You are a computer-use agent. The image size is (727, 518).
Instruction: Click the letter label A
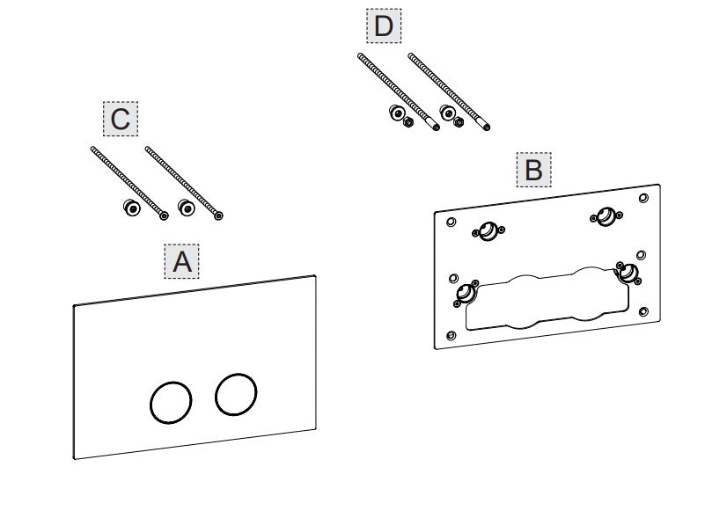click(181, 260)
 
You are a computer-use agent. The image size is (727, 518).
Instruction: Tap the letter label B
click(533, 169)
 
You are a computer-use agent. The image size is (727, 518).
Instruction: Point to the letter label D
click(384, 26)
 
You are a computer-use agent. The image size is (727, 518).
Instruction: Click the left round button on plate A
click(169, 403)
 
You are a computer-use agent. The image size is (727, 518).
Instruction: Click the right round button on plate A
click(236, 395)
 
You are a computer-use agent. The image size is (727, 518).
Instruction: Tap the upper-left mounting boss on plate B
click(487, 231)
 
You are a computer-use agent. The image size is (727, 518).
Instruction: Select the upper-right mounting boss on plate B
click(605, 215)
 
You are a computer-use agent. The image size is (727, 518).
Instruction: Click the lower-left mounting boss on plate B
click(464, 293)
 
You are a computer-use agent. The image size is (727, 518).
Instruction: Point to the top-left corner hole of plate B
click(451, 222)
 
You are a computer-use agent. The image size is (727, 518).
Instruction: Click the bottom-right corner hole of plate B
click(644, 310)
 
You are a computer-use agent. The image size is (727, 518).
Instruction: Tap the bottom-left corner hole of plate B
click(452, 334)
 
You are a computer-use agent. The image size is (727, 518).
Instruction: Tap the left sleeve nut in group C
click(131, 208)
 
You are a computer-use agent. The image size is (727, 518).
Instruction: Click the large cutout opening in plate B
click(546, 298)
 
